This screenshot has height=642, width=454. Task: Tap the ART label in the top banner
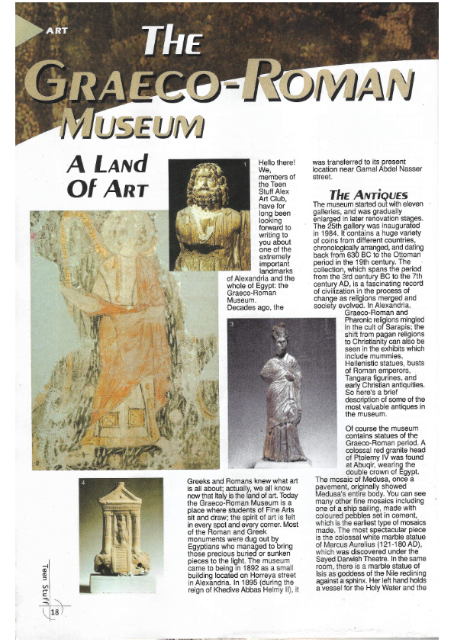[58, 30]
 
